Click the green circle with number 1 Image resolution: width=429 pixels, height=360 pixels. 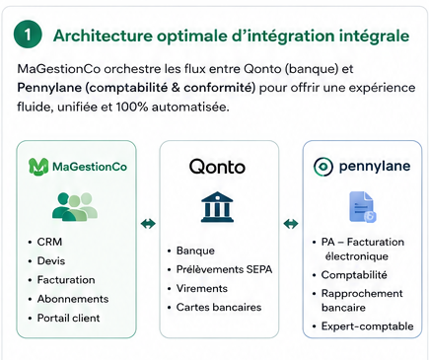point(28,35)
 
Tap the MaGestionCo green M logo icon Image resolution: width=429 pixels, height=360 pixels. point(38,167)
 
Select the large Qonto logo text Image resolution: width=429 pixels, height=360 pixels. point(217,167)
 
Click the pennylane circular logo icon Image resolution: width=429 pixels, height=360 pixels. point(323,167)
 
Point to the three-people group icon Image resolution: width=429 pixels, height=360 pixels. point(75,207)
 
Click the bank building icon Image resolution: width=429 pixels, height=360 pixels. point(217,207)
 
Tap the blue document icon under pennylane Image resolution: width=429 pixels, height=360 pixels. point(363,207)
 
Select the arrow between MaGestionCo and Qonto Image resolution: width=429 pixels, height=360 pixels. point(148,224)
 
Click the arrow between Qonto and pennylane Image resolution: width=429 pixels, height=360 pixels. point(291,224)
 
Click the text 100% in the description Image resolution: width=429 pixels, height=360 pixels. point(132,108)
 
